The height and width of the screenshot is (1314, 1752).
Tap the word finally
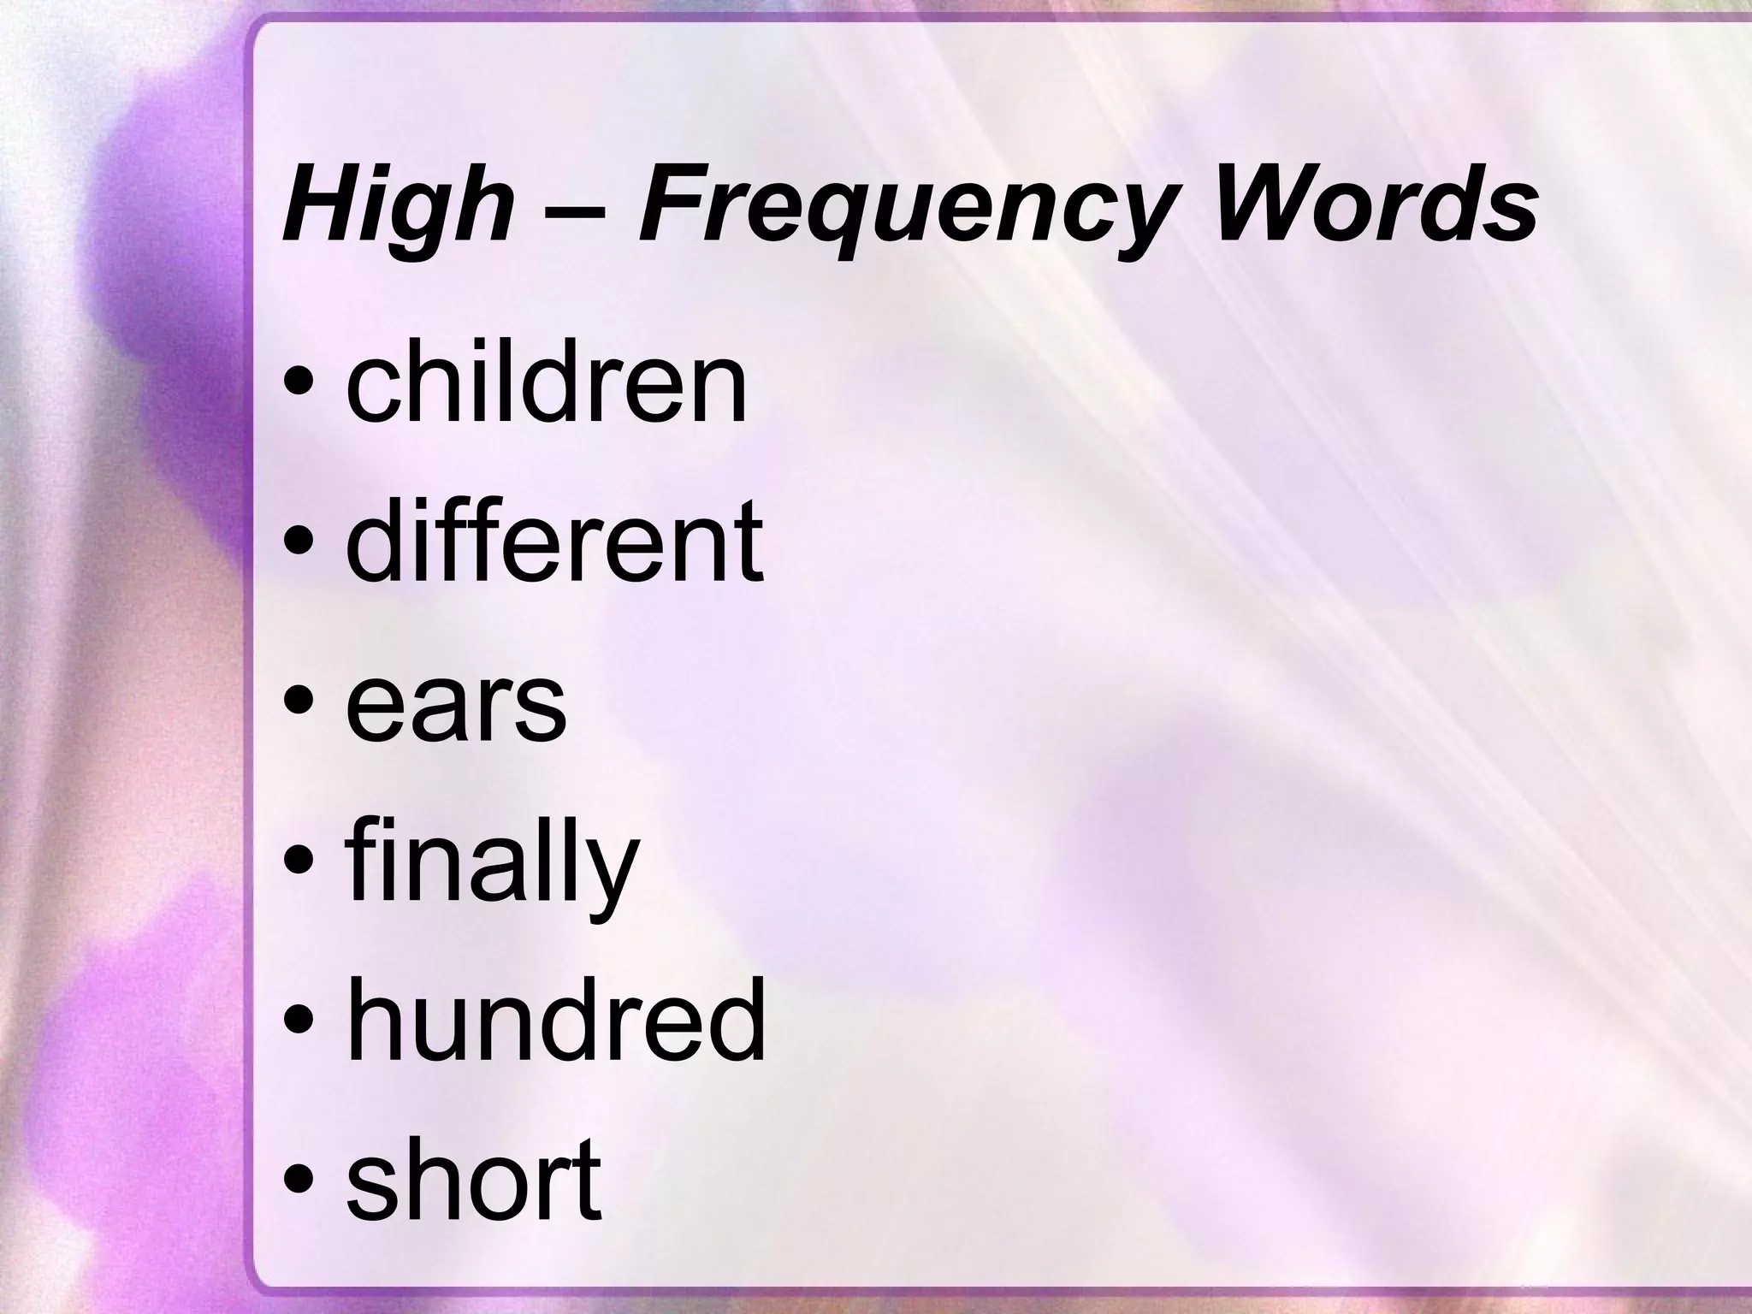492,864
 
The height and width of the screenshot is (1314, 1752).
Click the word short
474,1181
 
